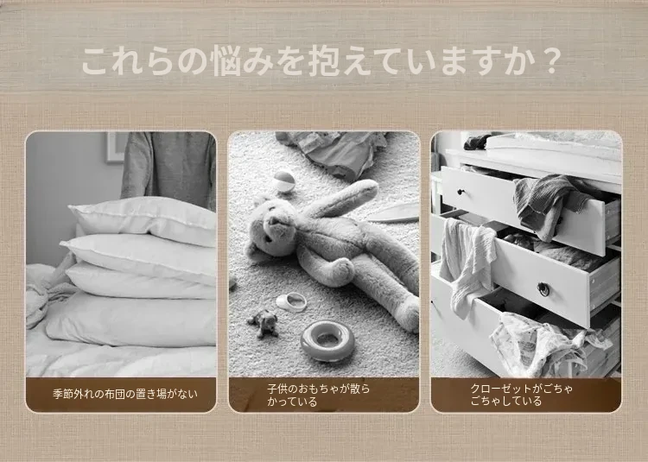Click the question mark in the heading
tap(550, 62)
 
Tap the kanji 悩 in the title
tap(224, 62)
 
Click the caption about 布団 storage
tap(125, 394)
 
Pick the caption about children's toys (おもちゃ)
tap(318, 396)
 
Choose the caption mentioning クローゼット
tap(522, 395)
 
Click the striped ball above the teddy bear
tap(283, 181)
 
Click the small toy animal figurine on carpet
tap(264, 323)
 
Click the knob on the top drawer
tap(460, 192)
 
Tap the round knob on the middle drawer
tap(543, 289)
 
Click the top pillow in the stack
tap(143, 220)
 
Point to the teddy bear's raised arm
tap(340, 199)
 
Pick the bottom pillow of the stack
tap(131, 320)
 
